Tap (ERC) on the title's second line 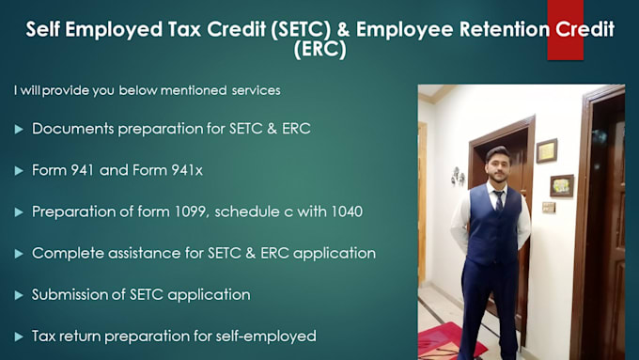319,51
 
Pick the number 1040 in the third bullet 341,211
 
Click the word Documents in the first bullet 70,128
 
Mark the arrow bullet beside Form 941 19,170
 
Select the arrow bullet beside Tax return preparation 19,336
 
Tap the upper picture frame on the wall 546,150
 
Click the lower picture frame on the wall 561,185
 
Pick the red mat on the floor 445,339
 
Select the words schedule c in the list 248,211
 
